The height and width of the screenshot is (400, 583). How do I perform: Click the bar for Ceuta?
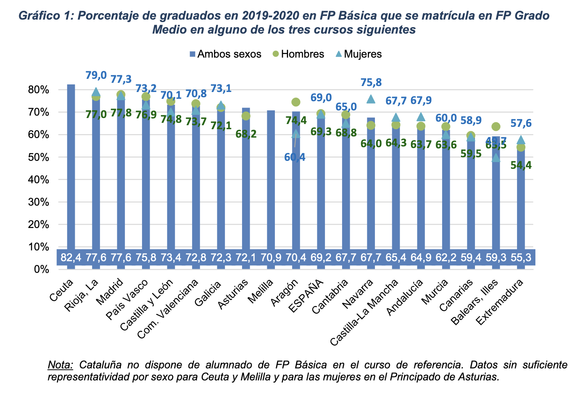click(71, 168)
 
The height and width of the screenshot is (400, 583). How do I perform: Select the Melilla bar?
click(271, 180)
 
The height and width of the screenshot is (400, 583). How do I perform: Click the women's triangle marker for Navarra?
click(371, 99)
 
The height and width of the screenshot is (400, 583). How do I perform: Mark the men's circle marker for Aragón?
click(296, 102)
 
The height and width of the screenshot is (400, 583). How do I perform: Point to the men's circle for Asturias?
click(246, 116)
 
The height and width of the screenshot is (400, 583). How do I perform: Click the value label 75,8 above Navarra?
click(371, 82)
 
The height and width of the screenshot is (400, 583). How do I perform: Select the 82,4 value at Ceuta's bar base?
click(71, 257)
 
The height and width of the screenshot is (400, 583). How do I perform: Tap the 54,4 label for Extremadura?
click(521, 165)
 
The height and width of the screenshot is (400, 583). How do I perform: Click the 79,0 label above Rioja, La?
click(96, 75)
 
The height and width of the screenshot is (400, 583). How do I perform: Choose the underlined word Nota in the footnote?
click(60, 365)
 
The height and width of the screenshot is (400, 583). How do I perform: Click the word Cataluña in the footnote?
click(100, 365)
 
